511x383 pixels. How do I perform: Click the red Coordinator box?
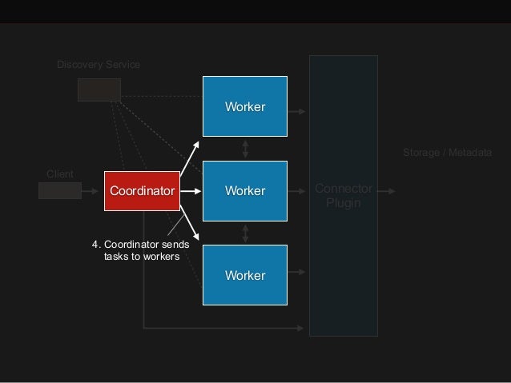click(x=142, y=191)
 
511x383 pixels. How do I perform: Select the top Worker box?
click(x=244, y=106)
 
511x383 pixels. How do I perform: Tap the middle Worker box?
click(x=244, y=191)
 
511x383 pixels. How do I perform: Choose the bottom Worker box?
click(x=244, y=276)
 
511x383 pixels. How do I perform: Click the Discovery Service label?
click(x=99, y=64)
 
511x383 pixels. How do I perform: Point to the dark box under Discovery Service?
click(x=99, y=90)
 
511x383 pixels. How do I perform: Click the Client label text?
click(x=60, y=174)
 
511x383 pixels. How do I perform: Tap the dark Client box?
click(x=60, y=190)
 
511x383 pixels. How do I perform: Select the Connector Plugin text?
click(x=343, y=196)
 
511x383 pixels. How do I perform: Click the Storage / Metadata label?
click(x=446, y=152)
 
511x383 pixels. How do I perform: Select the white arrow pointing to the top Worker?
click(x=190, y=158)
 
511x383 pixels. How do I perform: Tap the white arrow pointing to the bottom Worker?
click(x=190, y=223)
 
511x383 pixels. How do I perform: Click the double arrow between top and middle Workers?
click(x=245, y=149)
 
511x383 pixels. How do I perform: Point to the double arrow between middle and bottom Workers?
click(x=245, y=233)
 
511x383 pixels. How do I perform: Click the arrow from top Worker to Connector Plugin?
click(x=297, y=111)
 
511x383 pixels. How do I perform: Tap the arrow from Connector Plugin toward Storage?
click(x=386, y=192)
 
